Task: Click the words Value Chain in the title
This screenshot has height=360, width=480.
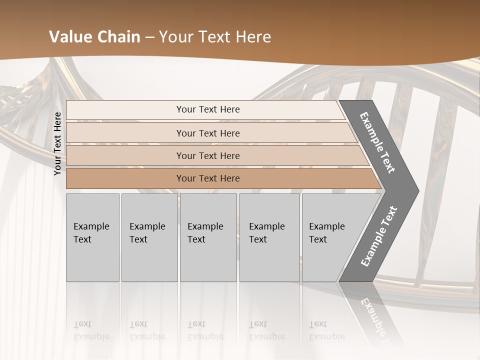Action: coord(94,37)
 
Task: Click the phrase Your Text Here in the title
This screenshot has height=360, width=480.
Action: coord(214,37)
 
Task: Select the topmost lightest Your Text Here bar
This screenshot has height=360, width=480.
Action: coord(208,109)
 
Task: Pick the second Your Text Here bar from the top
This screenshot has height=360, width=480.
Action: coord(208,133)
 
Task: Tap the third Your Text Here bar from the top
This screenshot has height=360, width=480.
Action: coord(208,155)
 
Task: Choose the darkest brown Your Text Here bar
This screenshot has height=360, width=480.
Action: coord(208,178)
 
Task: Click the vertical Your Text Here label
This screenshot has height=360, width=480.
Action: coord(57,143)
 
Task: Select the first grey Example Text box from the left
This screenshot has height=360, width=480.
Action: coord(92,237)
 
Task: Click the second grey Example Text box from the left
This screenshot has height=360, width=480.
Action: coord(149,237)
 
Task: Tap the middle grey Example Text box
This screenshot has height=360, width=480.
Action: coord(207,237)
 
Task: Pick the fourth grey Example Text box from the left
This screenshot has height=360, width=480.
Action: coord(269,237)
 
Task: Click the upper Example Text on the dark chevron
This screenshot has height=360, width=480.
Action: coord(377,142)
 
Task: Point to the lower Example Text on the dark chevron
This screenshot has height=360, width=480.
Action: coord(379,236)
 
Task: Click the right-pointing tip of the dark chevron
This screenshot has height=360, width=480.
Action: coord(417,190)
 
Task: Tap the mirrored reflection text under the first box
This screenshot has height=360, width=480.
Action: coord(91,330)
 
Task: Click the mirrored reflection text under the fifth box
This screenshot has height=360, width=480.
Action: coord(327,330)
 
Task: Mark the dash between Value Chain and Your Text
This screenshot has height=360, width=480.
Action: coord(149,37)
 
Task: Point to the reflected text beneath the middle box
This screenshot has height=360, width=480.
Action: coord(205,330)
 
